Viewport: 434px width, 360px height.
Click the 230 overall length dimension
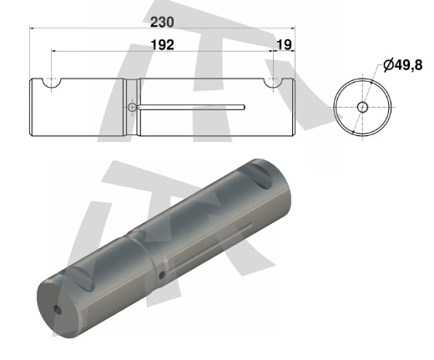162,23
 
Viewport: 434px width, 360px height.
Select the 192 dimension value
163,45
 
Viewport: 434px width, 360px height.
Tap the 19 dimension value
284,44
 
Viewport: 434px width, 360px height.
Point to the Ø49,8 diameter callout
403,65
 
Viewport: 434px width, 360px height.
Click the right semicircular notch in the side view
273,84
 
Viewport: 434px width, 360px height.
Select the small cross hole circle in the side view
132,107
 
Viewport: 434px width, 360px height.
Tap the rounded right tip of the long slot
244,107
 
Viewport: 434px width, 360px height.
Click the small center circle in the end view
362,107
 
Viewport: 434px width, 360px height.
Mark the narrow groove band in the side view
132,107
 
